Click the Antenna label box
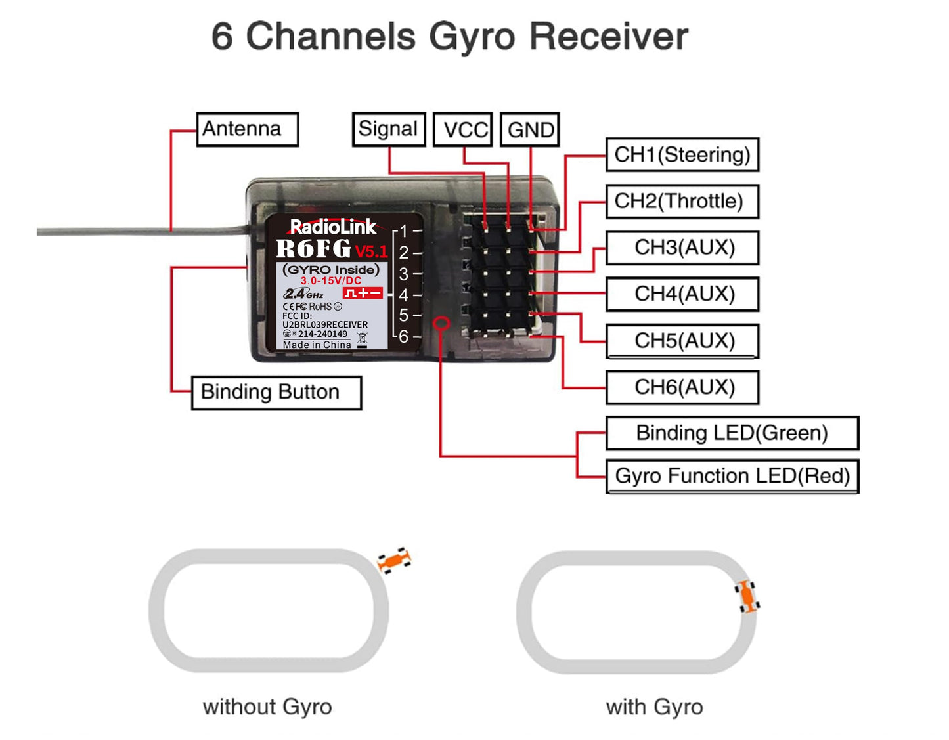(247, 129)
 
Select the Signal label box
(388, 129)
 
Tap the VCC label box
(462, 129)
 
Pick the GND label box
(529, 129)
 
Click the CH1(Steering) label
(682, 154)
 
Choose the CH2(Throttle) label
(682, 202)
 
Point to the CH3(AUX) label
(682, 248)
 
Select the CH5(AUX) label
(682, 341)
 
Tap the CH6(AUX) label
(682, 387)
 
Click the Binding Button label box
(276, 393)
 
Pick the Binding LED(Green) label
(732, 433)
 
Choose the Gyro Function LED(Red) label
(732, 476)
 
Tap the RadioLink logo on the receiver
(333, 226)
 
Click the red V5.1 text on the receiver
(371, 251)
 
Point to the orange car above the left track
(394, 559)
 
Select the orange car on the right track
(747, 596)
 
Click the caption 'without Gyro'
(267, 707)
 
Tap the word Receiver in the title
(608, 37)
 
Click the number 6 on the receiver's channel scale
(403, 336)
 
